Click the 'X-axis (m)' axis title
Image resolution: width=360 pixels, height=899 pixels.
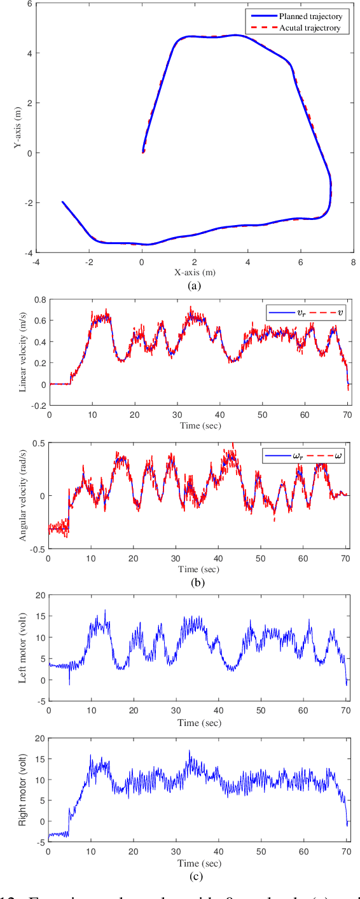click(x=195, y=272)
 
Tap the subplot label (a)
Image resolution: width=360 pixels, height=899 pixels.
click(x=195, y=286)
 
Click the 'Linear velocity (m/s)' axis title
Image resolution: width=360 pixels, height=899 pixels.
click(x=23, y=351)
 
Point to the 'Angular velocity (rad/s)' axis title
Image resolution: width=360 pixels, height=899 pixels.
click(x=23, y=495)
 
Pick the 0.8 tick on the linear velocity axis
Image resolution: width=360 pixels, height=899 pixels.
click(x=39, y=299)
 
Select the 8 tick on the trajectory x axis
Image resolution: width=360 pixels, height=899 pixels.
click(x=352, y=261)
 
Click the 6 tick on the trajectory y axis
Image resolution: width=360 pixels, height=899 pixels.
click(x=30, y=4)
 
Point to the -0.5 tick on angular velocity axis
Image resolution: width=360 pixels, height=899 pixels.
click(x=37, y=548)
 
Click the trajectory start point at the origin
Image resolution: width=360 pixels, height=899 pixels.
click(x=143, y=152)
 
